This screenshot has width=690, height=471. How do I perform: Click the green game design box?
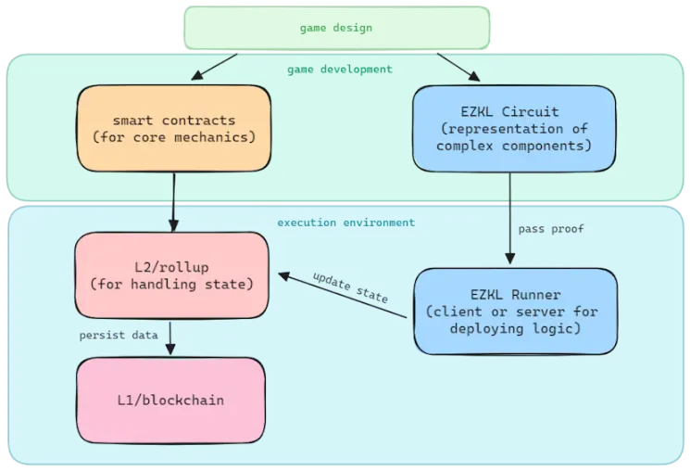click(336, 28)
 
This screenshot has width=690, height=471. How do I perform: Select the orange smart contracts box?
click(173, 129)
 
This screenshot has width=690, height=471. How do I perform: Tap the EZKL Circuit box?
click(514, 129)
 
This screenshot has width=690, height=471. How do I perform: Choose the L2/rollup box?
click(170, 274)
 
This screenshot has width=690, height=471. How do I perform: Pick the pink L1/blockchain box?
click(170, 400)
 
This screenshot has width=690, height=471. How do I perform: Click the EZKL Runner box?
click(515, 312)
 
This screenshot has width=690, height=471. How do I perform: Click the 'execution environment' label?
click(346, 223)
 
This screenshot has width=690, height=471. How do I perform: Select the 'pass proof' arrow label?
click(551, 229)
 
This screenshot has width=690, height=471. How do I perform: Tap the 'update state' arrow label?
click(350, 288)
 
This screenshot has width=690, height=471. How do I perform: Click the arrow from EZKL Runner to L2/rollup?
click(343, 296)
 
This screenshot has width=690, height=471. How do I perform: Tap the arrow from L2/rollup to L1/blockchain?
click(169, 337)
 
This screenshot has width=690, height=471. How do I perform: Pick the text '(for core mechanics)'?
click(173, 138)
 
